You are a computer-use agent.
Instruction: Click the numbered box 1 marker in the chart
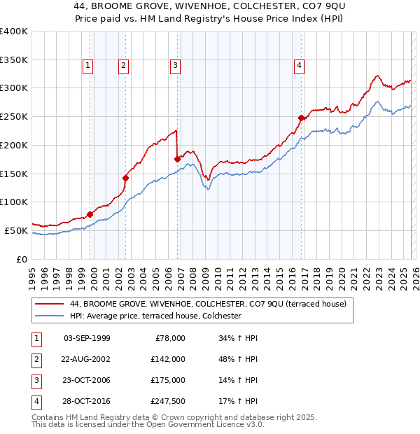[x=88, y=66]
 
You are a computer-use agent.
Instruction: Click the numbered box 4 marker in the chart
[x=299, y=66]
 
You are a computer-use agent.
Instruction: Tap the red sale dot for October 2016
[x=301, y=118]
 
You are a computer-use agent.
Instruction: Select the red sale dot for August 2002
[x=126, y=178]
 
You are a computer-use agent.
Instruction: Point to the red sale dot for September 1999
[x=90, y=214]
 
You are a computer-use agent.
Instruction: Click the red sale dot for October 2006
[x=177, y=159]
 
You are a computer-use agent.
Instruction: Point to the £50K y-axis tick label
[x=15, y=230]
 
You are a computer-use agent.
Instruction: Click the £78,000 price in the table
[x=169, y=338]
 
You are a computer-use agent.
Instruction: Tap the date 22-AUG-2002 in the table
[x=86, y=359]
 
